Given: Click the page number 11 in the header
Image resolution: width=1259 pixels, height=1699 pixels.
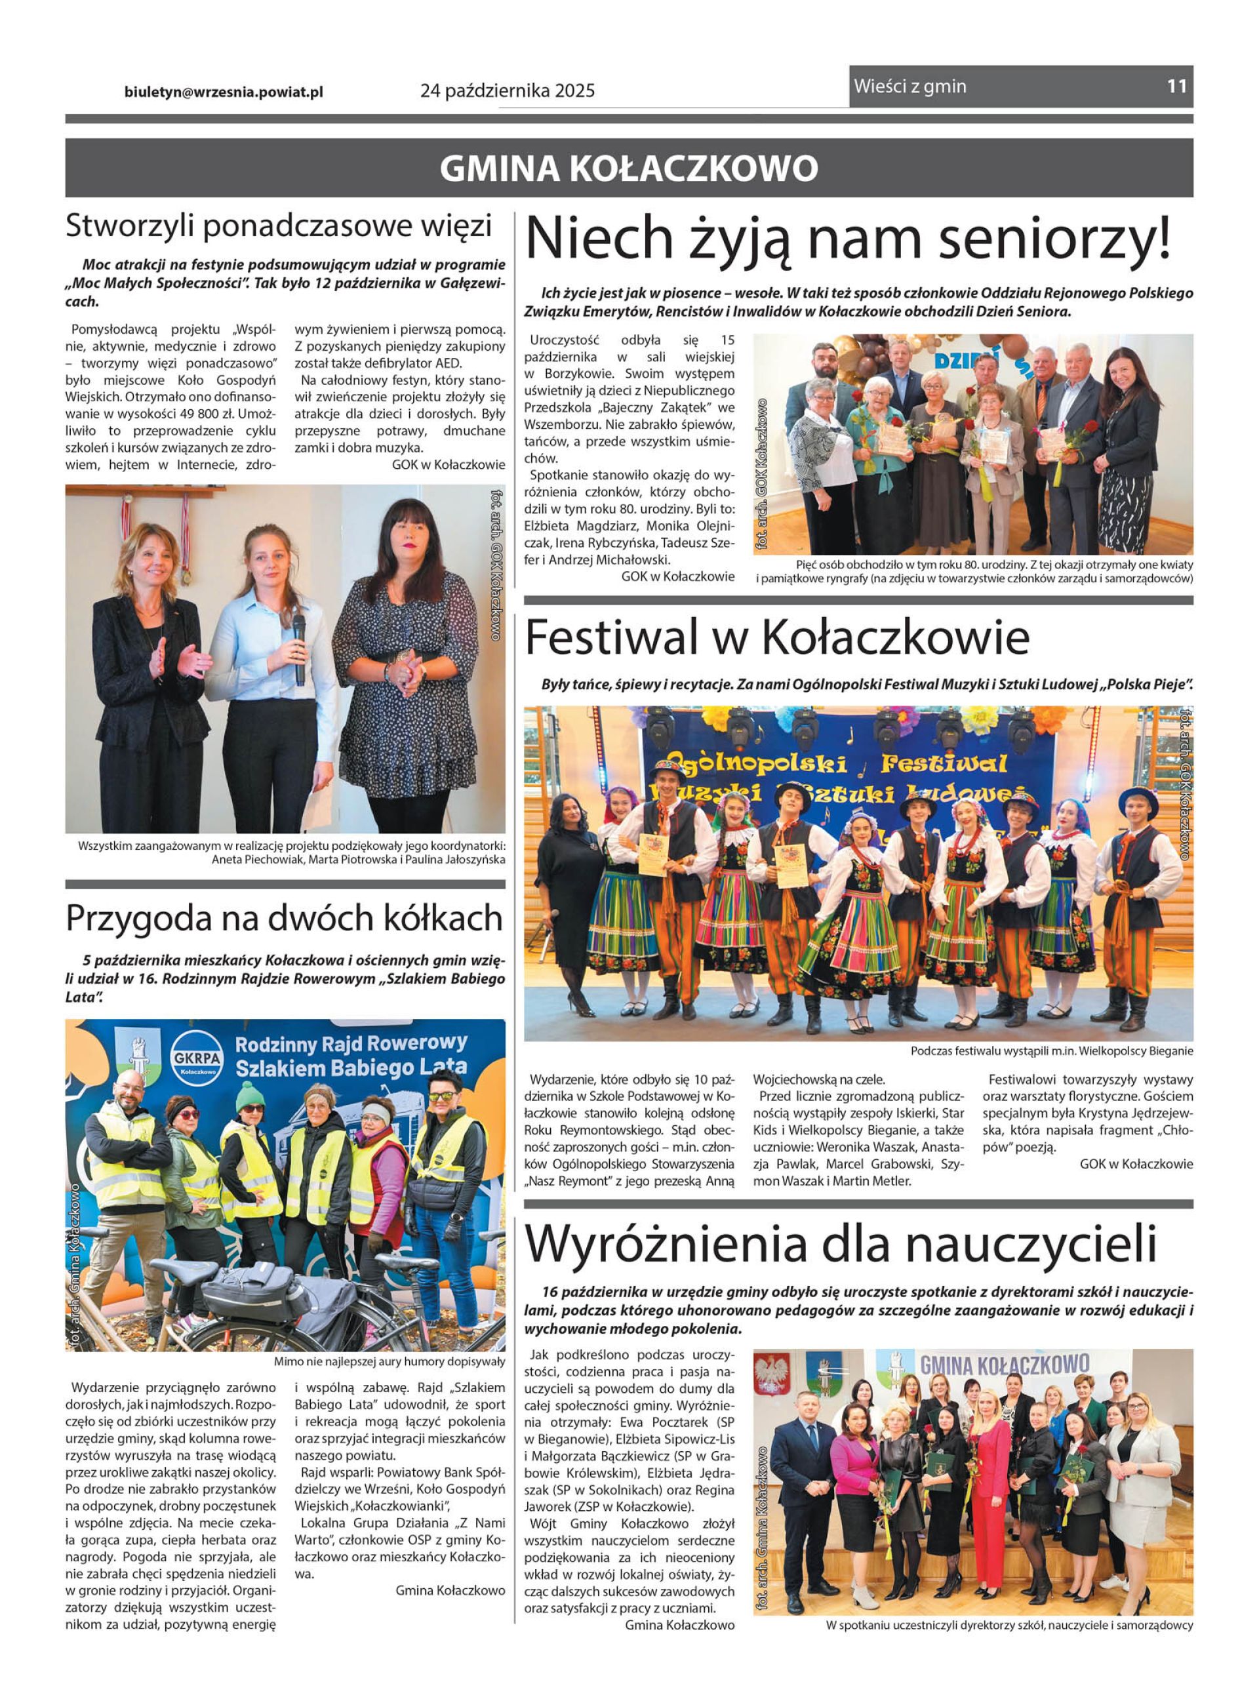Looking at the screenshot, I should (x=1176, y=86).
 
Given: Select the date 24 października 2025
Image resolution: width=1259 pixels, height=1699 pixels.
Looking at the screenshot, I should (x=507, y=91).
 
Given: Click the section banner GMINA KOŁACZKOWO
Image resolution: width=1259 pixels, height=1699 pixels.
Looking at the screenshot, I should (x=629, y=169).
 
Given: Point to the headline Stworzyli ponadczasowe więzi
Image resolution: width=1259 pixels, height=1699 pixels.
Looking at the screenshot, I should (x=279, y=226).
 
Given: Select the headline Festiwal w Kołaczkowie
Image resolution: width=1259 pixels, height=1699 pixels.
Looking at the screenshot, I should (x=776, y=637).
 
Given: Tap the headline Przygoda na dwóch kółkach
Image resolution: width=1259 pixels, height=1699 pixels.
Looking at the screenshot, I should (x=285, y=918).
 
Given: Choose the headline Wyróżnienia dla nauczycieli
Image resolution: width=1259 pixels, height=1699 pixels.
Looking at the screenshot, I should (x=841, y=1243).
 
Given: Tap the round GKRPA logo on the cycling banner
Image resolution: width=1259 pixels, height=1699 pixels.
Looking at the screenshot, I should (x=197, y=1054).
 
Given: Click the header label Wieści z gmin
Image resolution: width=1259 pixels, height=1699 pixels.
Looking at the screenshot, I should (x=910, y=86).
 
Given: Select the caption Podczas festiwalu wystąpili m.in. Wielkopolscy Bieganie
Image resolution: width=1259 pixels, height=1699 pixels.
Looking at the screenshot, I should (x=1051, y=1051).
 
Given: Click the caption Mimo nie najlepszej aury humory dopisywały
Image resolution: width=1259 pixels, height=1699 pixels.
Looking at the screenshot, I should (x=389, y=1361).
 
